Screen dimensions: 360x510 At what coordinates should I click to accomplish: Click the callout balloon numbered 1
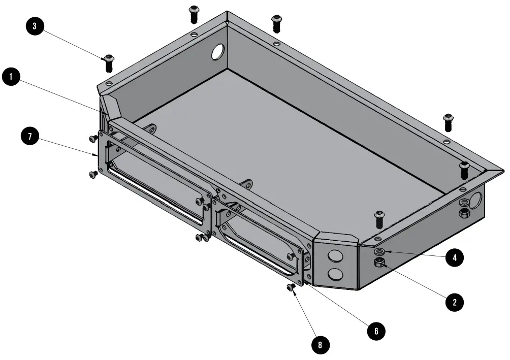coord(11,78)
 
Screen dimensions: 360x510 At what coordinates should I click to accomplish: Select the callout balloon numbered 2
coord(454,302)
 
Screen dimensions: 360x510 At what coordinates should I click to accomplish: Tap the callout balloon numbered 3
coord(34,27)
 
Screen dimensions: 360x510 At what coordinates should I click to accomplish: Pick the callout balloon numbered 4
coord(454,258)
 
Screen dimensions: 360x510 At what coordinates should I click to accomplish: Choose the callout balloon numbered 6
coord(376,331)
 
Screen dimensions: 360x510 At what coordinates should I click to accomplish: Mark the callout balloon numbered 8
coord(320,345)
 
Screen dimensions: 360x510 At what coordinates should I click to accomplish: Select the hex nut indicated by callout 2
coord(379,263)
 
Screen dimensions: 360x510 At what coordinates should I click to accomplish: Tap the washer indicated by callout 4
coord(379,251)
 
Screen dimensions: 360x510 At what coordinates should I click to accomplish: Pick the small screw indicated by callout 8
coord(291,288)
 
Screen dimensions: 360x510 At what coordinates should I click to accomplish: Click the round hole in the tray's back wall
coord(218,51)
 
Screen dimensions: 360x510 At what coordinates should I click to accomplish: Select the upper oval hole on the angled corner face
coord(334,255)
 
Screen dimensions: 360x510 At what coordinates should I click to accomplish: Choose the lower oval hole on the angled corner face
coord(335,275)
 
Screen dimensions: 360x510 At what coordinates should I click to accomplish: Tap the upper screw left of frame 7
coord(93,138)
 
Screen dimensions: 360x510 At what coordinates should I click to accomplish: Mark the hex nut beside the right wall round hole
coord(464,213)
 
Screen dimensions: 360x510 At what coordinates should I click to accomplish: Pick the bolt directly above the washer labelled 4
coord(379,219)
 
